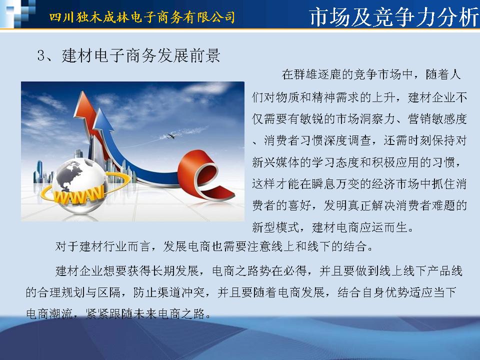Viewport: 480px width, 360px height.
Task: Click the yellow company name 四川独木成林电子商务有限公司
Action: pyautogui.click(x=142, y=17)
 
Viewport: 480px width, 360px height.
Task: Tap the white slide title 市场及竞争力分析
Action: pyautogui.click(x=393, y=17)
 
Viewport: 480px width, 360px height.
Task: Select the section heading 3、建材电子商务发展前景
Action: pyautogui.click(x=128, y=55)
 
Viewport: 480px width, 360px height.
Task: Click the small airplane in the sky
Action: pyautogui.click(x=171, y=135)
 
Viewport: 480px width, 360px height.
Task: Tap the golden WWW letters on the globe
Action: pyautogui.click(x=78, y=194)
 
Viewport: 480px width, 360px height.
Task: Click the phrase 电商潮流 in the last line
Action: pyautogui.click(x=49, y=314)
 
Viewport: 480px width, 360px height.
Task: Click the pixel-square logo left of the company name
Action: pyautogui.click(x=18, y=13)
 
